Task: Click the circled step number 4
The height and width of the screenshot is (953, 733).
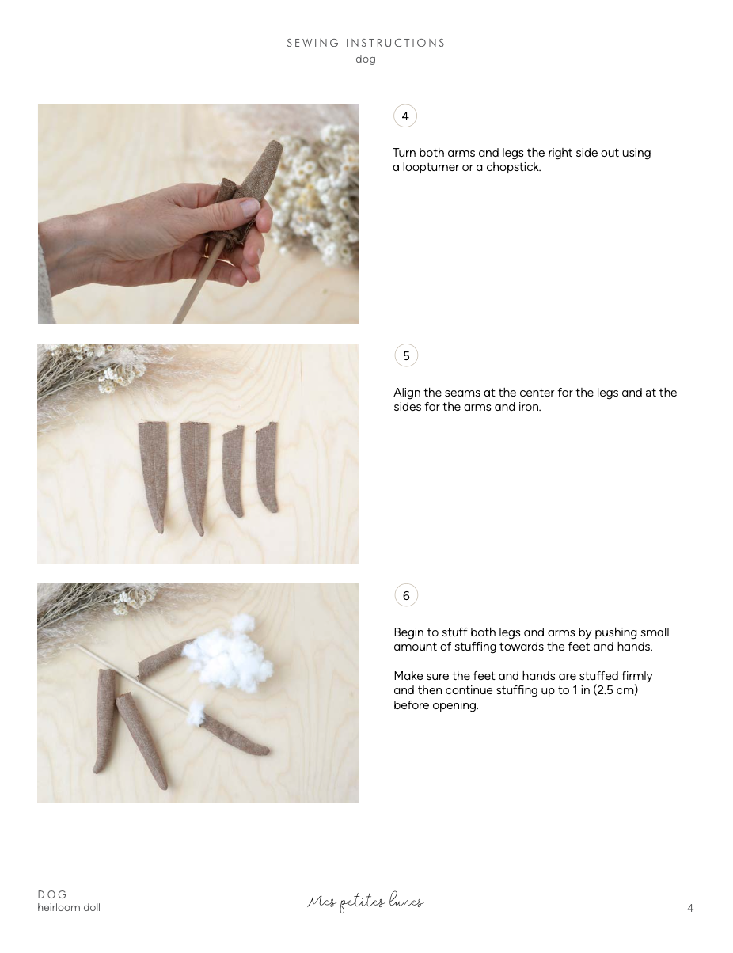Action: pyautogui.click(x=404, y=116)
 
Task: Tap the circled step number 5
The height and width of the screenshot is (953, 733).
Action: pyautogui.click(x=406, y=355)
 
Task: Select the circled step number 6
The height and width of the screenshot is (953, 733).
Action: pyautogui.click(x=406, y=595)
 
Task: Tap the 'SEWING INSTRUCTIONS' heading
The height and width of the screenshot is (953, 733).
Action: pyautogui.click(x=366, y=43)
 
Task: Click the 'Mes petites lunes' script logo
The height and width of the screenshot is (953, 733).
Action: pyautogui.click(x=366, y=902)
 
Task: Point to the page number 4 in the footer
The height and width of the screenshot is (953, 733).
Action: pyautogui.click(x=690, y=908)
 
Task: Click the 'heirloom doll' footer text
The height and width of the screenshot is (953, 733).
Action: pyautogui.click(x=69, y=907)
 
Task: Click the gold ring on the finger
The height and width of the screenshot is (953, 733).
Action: pyautogui.click(x=206, y=250)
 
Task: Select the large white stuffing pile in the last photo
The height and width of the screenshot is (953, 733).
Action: pyautogui.click(x=228, y=654)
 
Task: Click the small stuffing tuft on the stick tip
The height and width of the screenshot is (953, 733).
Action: pyautogui.click(x=196, y=712)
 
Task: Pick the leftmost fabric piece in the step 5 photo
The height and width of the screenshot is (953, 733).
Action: pyautogui.click(x=154, y=476)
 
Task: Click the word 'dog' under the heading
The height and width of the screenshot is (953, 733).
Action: pyautogui.click(x=366, y=59)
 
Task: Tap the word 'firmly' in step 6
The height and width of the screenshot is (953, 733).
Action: pyautogui.click(x=637, y=676)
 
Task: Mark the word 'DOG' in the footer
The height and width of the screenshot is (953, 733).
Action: pyautogui.click(x=52, y=894)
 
